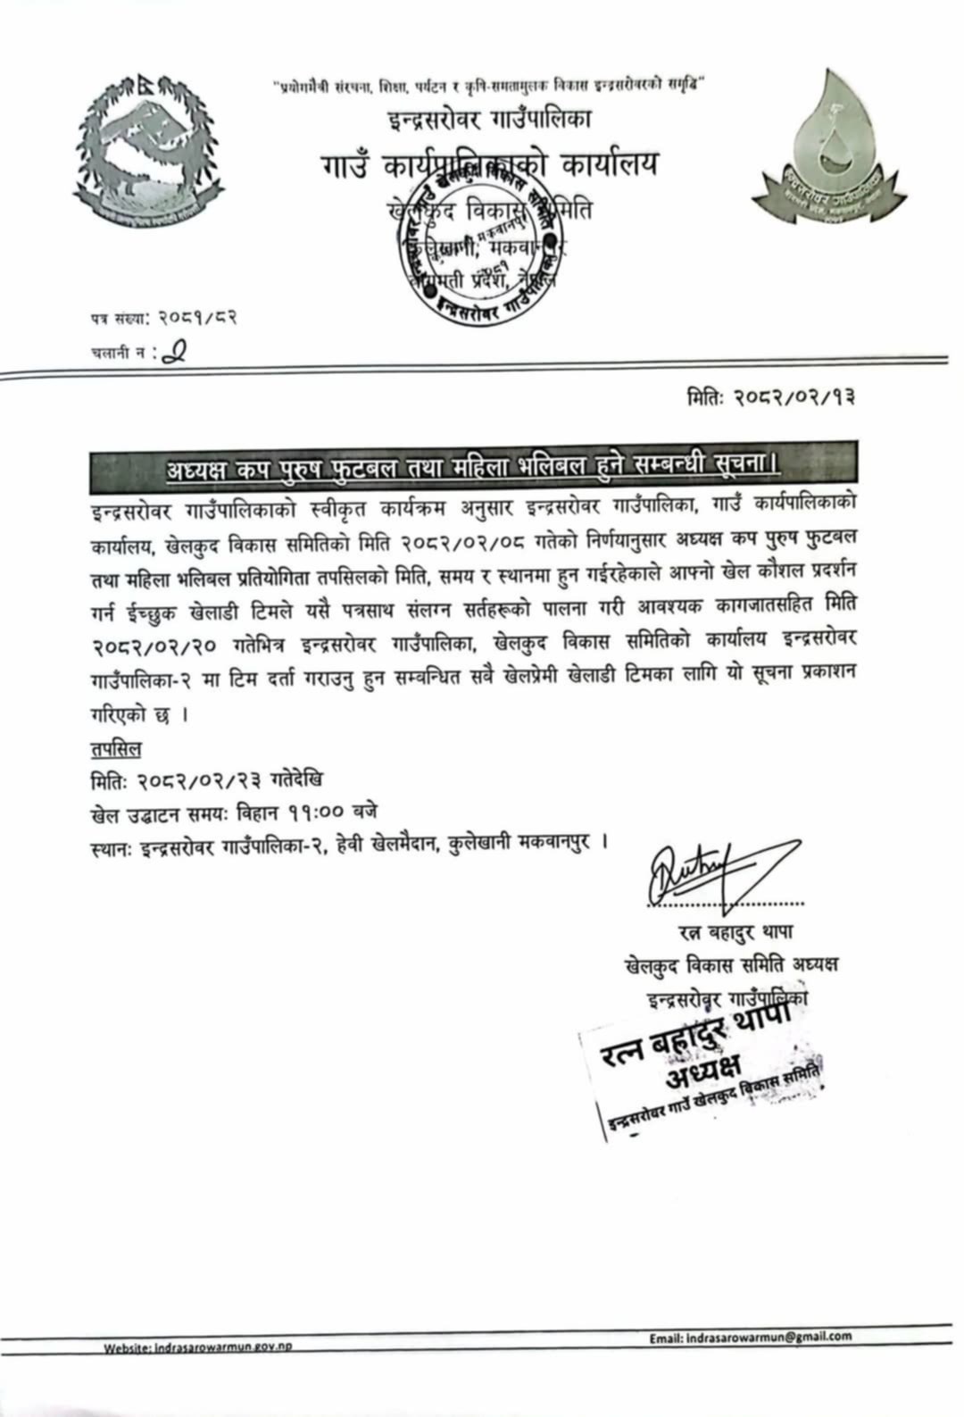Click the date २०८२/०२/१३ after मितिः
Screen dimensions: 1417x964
795,396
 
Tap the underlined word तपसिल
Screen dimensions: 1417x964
115,748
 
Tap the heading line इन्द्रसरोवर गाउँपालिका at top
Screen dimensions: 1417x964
489,117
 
